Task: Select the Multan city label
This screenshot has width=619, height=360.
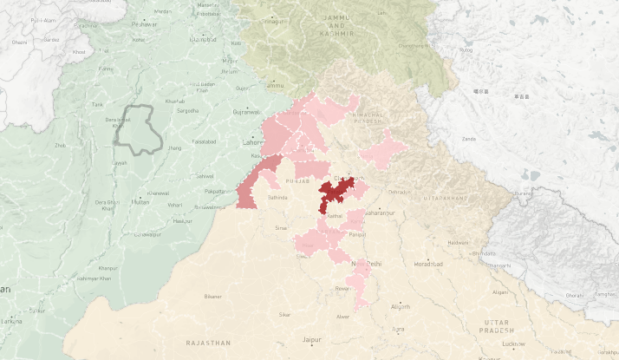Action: point(140,201)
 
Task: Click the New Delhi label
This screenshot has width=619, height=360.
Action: point(365,263)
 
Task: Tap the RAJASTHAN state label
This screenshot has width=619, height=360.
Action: point(208,344)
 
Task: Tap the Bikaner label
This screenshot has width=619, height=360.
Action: point(212,297)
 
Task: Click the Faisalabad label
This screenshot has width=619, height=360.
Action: point(205,141)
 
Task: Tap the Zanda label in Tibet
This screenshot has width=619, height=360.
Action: point(469,139)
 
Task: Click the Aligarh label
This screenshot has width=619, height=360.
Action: point(401,306)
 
